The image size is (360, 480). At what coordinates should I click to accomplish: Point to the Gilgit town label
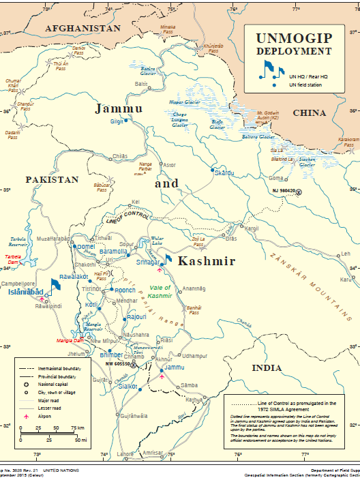click(x=117, y=121)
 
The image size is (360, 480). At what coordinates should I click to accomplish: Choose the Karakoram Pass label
click(x=348, y=142)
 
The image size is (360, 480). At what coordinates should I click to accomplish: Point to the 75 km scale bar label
click(x=78, y=428)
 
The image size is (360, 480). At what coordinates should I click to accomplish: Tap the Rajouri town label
click(x=135, y=317)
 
